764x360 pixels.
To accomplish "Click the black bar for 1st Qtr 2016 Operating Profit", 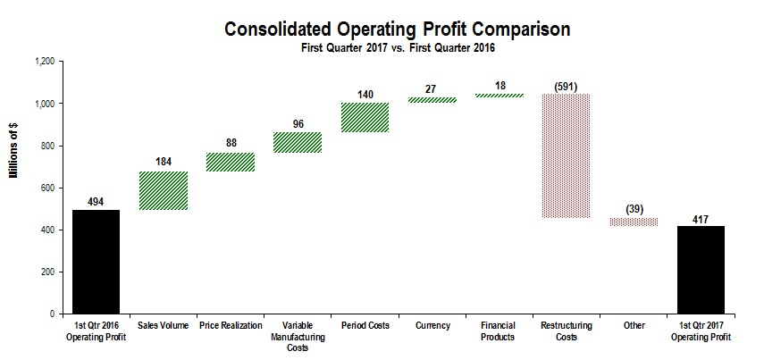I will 96,262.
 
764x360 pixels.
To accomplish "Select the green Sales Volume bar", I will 163,190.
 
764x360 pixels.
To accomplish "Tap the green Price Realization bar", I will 231,162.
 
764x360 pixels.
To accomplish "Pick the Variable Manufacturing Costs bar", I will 298,142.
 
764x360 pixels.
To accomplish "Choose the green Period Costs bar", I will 365,117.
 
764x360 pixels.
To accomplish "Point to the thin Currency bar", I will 432,100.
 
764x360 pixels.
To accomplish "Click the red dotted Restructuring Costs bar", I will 566,155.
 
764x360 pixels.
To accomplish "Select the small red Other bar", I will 634,222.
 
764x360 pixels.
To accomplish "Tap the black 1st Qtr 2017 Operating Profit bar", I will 701,270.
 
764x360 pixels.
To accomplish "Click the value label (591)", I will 566,86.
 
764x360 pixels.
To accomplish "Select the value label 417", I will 701,217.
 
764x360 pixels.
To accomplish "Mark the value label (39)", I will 634,208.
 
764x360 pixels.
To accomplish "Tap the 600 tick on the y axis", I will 47,188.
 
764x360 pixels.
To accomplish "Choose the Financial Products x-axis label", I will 499,331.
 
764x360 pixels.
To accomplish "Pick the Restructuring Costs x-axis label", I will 566,331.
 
